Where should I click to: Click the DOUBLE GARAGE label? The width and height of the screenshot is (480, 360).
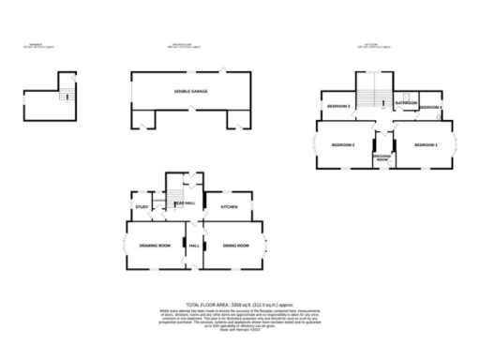189,91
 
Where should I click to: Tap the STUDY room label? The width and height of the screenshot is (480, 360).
142,206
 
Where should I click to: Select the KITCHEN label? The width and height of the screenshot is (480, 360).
229,206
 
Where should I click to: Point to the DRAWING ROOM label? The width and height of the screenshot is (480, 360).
155,246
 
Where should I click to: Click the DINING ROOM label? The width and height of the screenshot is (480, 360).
235,246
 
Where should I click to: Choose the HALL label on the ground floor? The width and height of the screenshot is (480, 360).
195,246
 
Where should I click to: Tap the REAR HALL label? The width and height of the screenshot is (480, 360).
186,202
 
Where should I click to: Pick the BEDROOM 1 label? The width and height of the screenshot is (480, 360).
426,145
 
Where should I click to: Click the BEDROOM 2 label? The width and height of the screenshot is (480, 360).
342,145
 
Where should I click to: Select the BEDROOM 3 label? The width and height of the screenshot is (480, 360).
337,108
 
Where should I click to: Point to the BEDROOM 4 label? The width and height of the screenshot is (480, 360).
430,108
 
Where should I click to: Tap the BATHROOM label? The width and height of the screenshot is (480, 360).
406,102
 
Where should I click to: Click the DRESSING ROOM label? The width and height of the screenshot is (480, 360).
383,157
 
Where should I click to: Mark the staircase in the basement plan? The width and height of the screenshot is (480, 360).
65,95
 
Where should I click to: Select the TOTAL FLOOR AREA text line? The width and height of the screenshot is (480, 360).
239,306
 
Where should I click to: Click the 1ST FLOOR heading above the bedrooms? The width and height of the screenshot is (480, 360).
372,41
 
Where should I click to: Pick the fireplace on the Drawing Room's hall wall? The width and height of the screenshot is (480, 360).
186,247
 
